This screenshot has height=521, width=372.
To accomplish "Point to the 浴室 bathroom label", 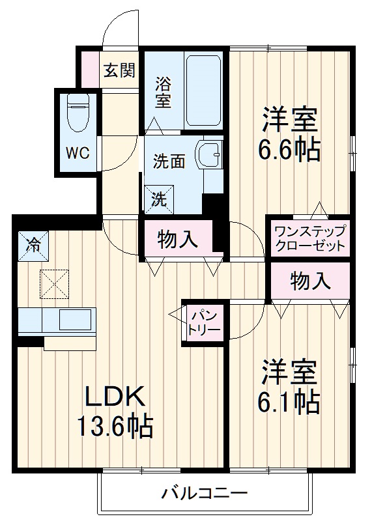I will point(163,92).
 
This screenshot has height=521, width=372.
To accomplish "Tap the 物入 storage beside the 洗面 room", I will point(178,239).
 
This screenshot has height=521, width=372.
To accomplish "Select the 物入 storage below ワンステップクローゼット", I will point(310,281).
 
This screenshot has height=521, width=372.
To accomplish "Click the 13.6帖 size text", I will point(115,427).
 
